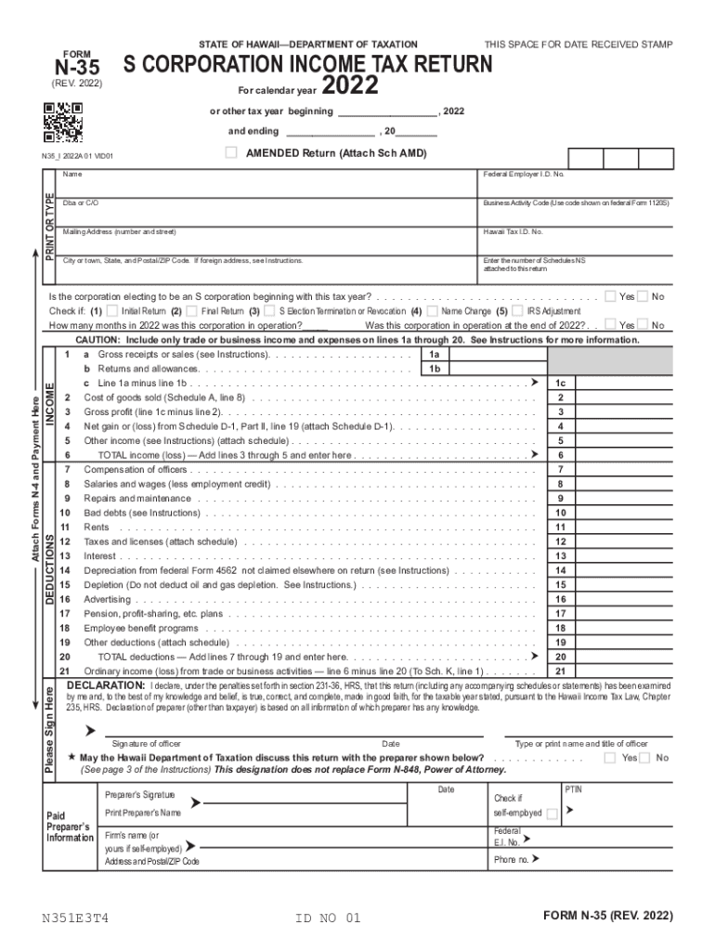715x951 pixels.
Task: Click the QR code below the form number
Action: click(63, 121)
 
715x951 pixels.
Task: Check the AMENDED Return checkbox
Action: click(231, 152)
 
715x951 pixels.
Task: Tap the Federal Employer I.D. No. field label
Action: click(523, 175)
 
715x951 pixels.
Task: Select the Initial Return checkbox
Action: click(112, 311)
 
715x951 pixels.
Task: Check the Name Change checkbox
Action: click(432, 311)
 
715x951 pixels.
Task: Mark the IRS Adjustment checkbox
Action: click(518, 311)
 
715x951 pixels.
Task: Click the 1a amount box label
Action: click(434, 355)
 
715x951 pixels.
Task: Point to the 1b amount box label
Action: click(434, 369)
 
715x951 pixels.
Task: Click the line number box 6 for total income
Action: click(561, 455)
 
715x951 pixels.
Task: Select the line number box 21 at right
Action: click(561, 671)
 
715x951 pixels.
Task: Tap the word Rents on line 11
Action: click(97, 528)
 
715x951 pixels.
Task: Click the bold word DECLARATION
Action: click(106, 685)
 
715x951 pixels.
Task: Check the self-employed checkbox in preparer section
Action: click(552, 814)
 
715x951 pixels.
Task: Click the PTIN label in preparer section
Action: click(574, 788)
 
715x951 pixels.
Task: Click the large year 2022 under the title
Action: click(350, 86)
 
